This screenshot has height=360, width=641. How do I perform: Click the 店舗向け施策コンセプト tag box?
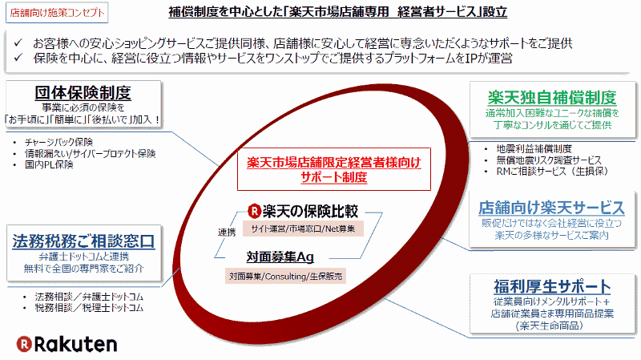(x=57, y=13)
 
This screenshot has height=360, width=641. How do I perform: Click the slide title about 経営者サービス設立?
(x=337, y=11)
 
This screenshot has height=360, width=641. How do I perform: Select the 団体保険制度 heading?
(x=83, y=93)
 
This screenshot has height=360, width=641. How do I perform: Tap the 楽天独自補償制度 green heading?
(x=552, y=97)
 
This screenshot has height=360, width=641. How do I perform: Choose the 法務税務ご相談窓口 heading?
(x=83, y=241)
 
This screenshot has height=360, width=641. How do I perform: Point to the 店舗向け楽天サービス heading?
(x=551, y=208)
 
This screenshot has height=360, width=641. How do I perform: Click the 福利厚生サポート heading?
(x=552, y=286)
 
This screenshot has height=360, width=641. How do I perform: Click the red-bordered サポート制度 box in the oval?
(x=334, y=169)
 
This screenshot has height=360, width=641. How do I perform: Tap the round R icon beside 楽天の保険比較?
(x=254, y=211)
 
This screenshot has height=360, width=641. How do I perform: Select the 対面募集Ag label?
(x=280, y=257)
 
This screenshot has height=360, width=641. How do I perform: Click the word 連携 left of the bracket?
(x=227, y=233)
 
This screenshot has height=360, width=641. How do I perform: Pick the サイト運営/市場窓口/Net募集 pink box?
(x=303, y=229)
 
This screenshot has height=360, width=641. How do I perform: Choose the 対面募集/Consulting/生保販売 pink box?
(x=285, y=276)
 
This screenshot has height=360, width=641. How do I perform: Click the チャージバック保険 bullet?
(x=58, y=142)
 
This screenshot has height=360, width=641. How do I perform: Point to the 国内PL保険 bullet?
(x=49, y=164)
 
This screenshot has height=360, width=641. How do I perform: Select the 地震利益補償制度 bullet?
(x=534, y=148)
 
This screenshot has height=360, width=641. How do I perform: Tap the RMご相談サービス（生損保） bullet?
(x=552, y=171)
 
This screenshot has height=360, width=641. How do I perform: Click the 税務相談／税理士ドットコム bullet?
(x=89, y=308)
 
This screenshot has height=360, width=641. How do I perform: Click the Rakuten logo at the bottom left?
(x=67, y=344)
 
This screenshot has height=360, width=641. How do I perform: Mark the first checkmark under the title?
(x=18, y=42)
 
